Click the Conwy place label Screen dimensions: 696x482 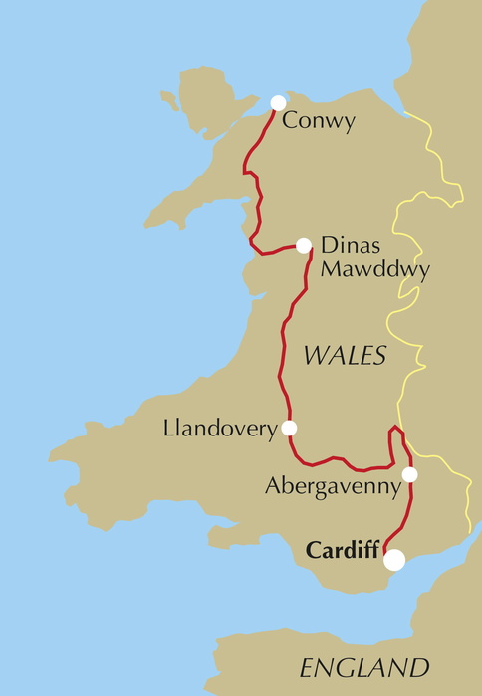pyautogui.click(x=319, y=122)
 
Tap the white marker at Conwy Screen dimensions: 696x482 pyautogui.click(x=278, y=103)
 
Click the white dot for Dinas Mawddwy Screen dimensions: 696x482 pyautogui.click(x=304, y=245)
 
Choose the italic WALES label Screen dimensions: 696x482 pyautogui.click(x=345, y=356)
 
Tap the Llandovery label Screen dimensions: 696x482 pyautogui.click(x=218, y=429)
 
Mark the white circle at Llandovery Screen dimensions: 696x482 pyautogui.click(x=289, y=429)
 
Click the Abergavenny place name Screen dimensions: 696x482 pyautogui.click(x=333, y=487)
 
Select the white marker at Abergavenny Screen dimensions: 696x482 pyautogui.click(x=409, y=474)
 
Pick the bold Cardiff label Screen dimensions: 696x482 pyautogui.click(x=342, y=549)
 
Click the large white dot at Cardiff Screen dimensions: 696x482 pyautogui.click(x=395, y=560)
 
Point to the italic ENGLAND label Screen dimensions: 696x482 pyautogui.click(x=363, y=667)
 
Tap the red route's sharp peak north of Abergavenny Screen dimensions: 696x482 pyautogui.click(x=394, y=428)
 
